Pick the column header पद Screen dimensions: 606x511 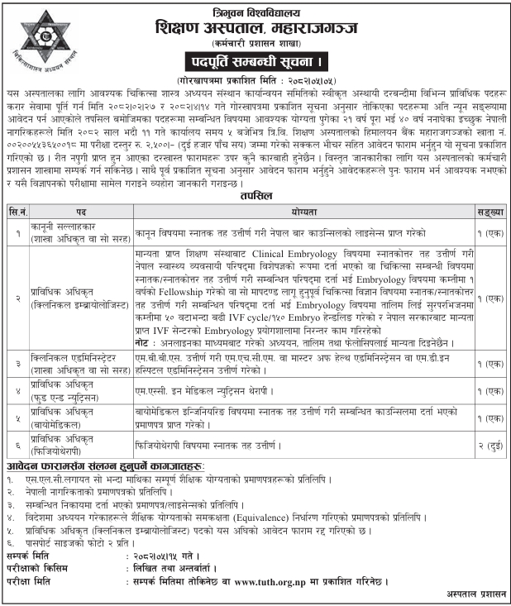click(82, 210)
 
